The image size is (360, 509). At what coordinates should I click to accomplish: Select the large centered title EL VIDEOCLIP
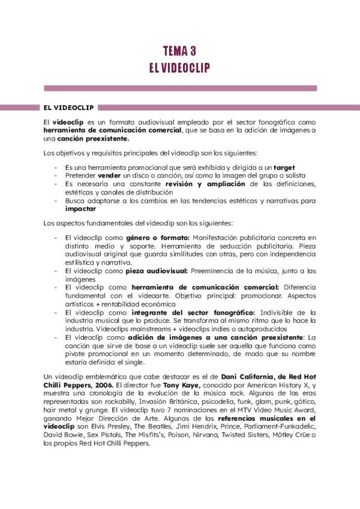179,67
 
